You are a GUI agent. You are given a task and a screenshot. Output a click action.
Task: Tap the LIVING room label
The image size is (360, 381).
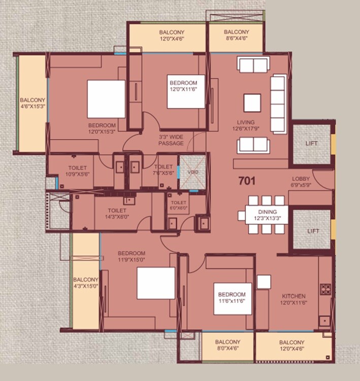[x=246, y=125]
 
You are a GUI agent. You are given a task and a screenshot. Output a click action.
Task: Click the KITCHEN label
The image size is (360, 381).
[x=294, y=299]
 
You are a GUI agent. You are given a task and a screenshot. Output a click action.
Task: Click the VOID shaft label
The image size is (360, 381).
[x=192, y=172]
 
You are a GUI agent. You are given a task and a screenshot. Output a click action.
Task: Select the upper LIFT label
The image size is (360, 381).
[x=311, y=143]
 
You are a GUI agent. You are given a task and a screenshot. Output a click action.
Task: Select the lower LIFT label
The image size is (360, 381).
[x=311, y=231]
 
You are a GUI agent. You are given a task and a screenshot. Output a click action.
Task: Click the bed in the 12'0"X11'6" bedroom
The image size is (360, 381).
[x=186, y=92]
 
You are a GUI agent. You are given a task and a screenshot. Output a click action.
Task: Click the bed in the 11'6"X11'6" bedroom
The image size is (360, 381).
[x=233, y=298]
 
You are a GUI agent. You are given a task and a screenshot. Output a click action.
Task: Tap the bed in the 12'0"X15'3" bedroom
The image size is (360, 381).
[x=106, y=99]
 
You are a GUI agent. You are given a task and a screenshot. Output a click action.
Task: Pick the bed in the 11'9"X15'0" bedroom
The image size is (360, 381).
[x=156, y=283]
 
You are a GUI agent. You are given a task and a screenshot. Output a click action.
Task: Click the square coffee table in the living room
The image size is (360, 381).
[x=252, y=103]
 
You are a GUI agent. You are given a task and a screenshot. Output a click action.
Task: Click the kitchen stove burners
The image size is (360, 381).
[x=325, y=289]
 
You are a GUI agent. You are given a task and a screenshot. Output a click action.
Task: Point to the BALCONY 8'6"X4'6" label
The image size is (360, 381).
[x=236, y=36]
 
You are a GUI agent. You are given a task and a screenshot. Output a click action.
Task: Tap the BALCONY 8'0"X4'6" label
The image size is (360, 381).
[x=227, y=345]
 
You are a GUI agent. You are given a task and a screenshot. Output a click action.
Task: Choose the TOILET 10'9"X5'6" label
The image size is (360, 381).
[x=78, y=170]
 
